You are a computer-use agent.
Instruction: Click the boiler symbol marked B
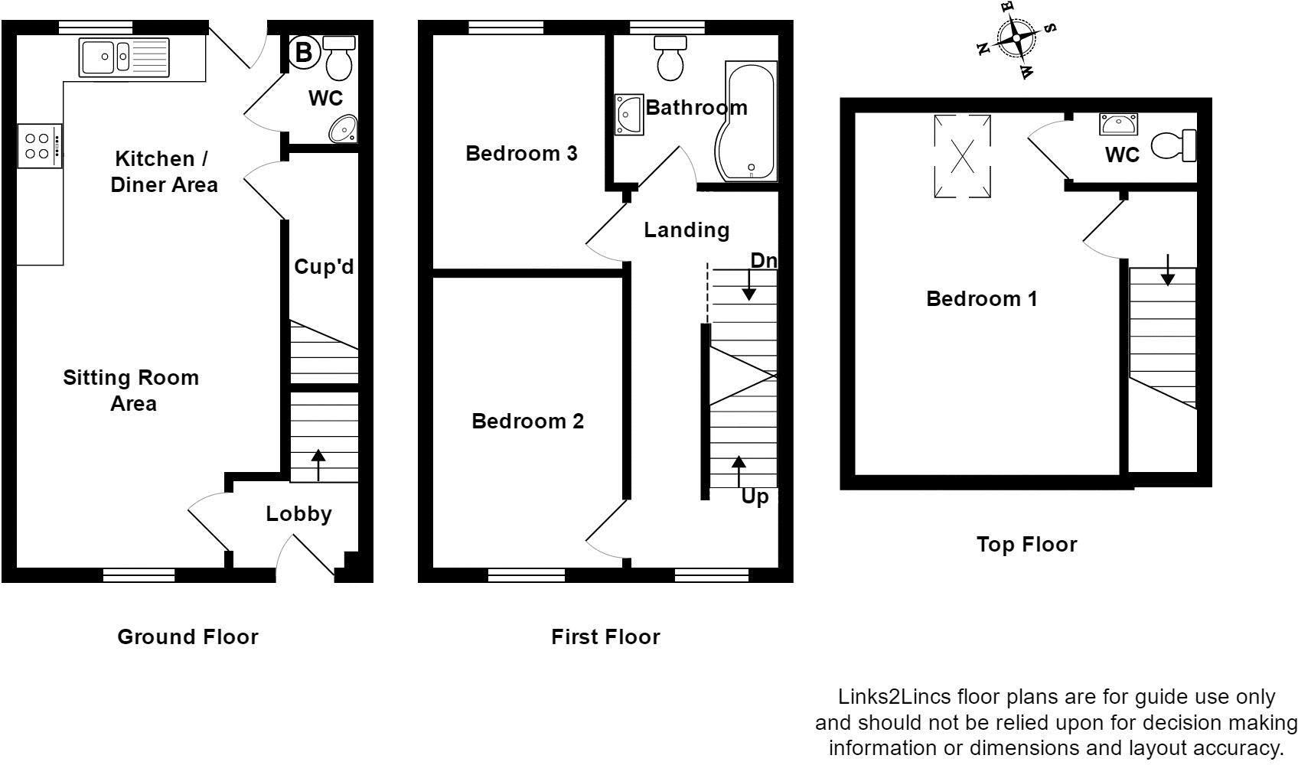[x=304, y=52]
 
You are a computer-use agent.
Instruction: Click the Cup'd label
[x=324, y=267]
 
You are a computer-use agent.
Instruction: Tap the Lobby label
[x=298, y=514]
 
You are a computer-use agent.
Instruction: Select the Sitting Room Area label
[x=131, y=390]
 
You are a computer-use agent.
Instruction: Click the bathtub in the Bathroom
[x=747, y=122]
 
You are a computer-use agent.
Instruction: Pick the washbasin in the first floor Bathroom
[x=628, y=115]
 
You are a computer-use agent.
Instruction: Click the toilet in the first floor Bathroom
[x=670, y=59]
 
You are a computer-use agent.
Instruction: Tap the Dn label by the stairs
[x=763, y=261]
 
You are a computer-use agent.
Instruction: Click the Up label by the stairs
[x=755, y=497]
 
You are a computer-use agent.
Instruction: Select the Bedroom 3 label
[x=521, y=154]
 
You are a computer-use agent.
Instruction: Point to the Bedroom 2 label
[x=527, y=422]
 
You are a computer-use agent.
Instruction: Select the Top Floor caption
[x=1026, y=545]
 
